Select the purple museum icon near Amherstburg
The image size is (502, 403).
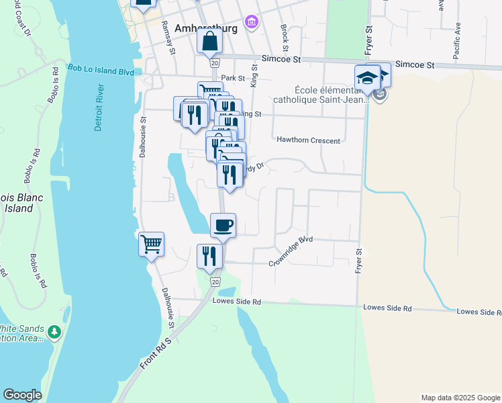252,23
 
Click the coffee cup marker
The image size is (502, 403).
223,225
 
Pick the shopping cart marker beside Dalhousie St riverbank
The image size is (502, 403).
152,244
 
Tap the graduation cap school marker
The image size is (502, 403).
368,77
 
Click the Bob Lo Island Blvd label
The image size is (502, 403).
101,70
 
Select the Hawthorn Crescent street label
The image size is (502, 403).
308,140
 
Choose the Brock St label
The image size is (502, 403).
285,38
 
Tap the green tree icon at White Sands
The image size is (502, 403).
54,332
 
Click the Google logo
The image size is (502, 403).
22,395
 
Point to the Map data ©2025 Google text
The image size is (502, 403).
460,398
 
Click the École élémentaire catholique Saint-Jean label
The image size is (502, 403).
332,95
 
